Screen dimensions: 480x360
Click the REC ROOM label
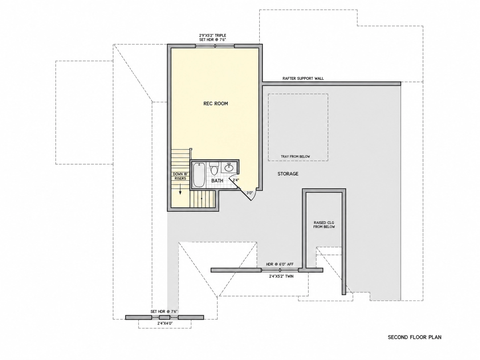(x=215, y=104)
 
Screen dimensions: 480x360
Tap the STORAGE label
(x=288, y=174)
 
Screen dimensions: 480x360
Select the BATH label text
(x=217, y=181)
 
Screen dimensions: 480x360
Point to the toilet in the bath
(x=214, y=168)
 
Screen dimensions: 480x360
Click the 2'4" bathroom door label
(x=236, y=180)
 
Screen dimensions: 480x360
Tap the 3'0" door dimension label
(x=250, y=193)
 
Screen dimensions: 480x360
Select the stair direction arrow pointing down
(x=180, y=189)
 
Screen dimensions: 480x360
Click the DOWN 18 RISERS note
(x=180, y=176)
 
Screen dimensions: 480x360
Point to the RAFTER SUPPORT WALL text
(x=303, y=79)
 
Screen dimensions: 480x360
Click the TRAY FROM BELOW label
(x=295, y=156)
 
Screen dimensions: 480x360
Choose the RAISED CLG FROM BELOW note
(x=324, y=225)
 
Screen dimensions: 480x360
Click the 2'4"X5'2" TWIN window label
(x=281, y=276)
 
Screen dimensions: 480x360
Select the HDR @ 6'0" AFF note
(x=280, y=264)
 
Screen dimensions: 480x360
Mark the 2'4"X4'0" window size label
(x=165, y=324)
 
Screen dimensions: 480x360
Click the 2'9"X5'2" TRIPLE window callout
(x=212, y=37)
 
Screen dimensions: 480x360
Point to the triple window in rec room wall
(x=215, y=46)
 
